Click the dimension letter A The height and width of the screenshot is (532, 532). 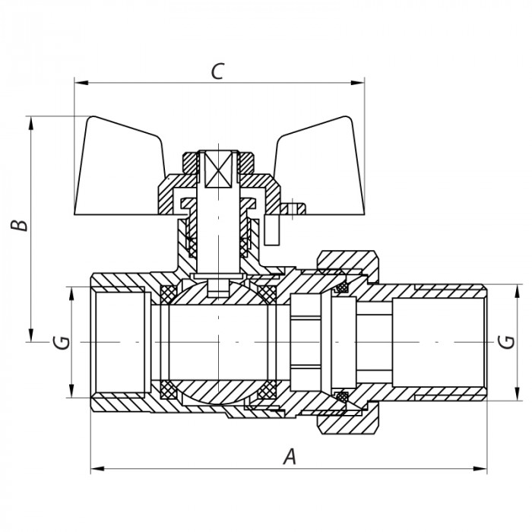[289, 456]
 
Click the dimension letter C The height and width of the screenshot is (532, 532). [217, 71]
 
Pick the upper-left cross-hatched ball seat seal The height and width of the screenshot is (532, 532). [169, 294]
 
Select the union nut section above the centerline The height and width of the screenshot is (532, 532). [347, 261]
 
